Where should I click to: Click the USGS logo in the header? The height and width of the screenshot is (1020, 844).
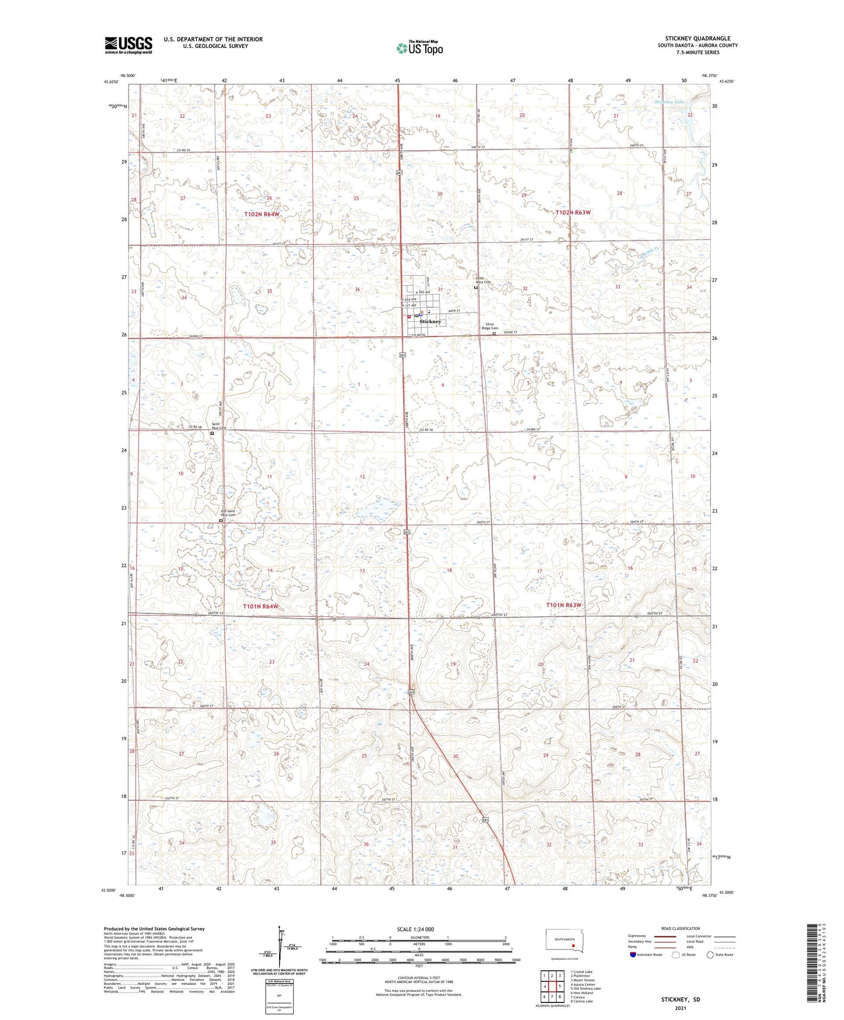click(128, 45)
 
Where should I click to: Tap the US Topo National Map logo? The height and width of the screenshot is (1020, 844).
click(419, 48)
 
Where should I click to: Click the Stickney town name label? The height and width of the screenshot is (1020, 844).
click(430, 322)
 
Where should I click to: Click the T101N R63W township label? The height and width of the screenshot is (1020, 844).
click(564, 605)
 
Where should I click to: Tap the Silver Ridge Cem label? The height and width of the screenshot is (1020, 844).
click(488, 327)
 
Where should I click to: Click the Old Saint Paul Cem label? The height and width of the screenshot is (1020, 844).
click(227, 513)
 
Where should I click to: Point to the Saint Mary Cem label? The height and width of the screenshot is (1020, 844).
click(483, 280)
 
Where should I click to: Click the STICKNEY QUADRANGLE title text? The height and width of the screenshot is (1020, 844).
click(697, 39)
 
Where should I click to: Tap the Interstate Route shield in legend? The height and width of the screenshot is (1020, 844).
click(633, 955)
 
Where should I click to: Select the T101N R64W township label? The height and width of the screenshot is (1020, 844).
click(261, 607)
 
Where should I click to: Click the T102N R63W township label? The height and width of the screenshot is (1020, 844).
click(573, 213)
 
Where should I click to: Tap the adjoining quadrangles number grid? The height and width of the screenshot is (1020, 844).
click(552, 987)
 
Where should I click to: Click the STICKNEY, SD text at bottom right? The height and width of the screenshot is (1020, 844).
click(680, 1000)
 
